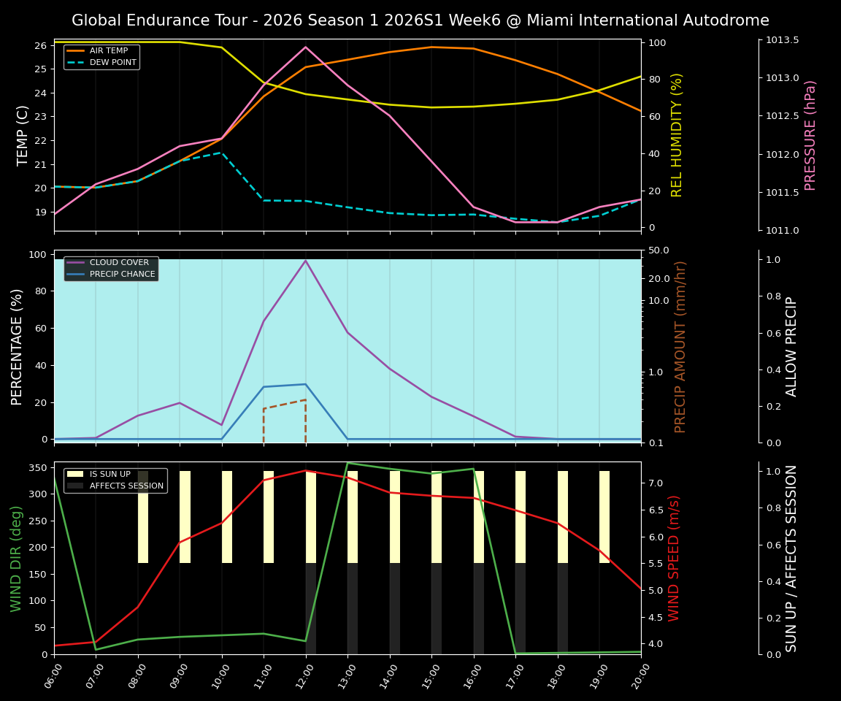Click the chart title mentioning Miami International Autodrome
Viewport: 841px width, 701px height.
(x=420, y=20)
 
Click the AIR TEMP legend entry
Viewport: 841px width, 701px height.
(x=109, y=50)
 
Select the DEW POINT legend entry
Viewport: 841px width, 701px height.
(x=112, y=63)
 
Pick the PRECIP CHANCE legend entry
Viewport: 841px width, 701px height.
(x=122, y=275)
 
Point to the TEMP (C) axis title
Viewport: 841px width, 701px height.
(x=23, y=135)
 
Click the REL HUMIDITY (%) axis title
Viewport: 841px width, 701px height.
(x=677, y=135)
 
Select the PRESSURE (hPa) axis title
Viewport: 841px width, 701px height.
(x=810, y=135)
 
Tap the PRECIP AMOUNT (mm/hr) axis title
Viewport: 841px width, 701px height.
(x=680, y=347)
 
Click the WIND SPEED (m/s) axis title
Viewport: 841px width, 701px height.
(x=674, y=558)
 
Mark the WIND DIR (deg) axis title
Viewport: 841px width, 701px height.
(x=17, y=558)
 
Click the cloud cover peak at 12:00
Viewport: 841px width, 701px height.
(x=306, y=261)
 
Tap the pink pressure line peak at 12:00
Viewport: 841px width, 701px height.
(x=306, y=47)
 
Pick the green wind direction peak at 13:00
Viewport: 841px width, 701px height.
(x=347, y=463)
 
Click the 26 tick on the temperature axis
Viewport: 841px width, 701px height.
(x=41, y=45)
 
